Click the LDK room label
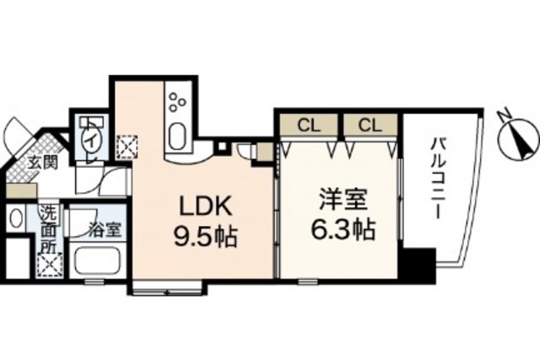point(205,207)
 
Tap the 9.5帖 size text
point(206,236)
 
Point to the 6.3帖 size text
point(343,229)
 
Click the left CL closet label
point(309,126)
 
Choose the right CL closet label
point(370,126)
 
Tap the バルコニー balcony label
point(437,178)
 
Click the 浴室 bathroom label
point(105,230)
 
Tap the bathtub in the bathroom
point(97,261)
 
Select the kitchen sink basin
point(178,136)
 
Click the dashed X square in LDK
point(127,147)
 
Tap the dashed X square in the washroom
point(51,265)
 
